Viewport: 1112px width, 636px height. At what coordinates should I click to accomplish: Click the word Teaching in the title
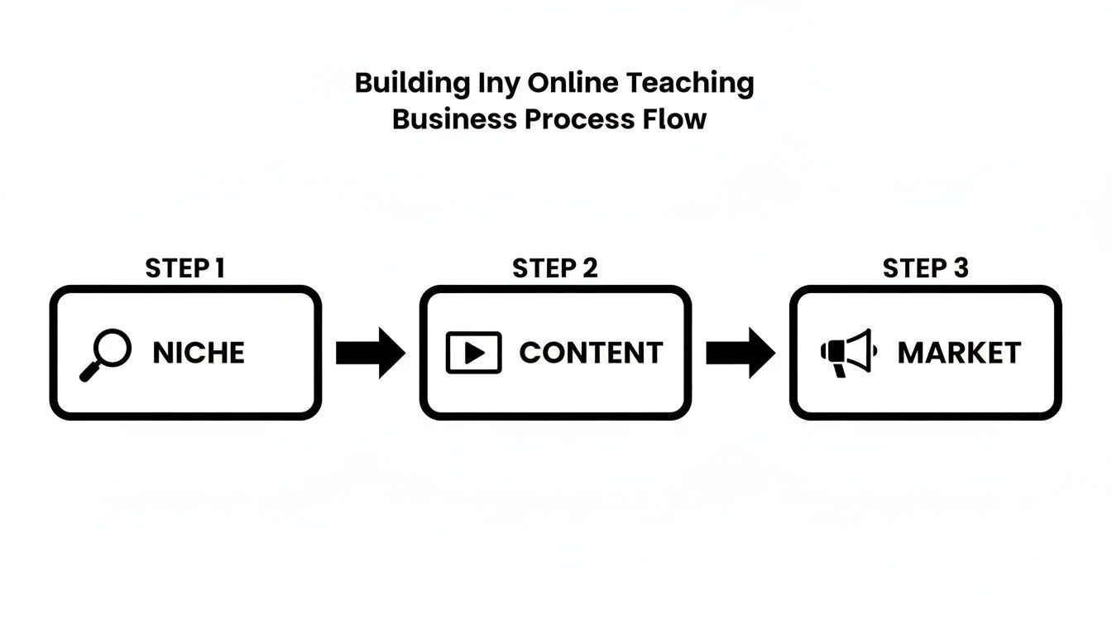[x=689, y=84]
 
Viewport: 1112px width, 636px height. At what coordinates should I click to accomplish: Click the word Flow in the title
[x=674, y=119]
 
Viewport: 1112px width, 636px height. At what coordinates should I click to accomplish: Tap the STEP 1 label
[x=185, y=268]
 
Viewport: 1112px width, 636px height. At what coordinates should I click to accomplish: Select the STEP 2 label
[x=555, y=268]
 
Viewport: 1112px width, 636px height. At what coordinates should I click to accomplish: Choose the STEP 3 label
[x=925, y=268]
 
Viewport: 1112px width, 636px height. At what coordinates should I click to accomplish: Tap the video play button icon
[x=473, y=353]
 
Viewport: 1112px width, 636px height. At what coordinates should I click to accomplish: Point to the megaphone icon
[x=847, y=353]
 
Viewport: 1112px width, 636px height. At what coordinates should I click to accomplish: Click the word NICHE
[x=199, y=353]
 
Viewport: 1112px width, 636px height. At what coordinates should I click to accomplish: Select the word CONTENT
[x=591, y=353]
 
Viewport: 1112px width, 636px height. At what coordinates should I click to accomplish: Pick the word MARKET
[x=959, y=353]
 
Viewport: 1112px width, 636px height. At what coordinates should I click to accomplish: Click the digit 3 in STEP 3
[x=960, y=268]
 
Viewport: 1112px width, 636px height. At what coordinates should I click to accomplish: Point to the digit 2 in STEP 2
[x=589, y=268]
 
